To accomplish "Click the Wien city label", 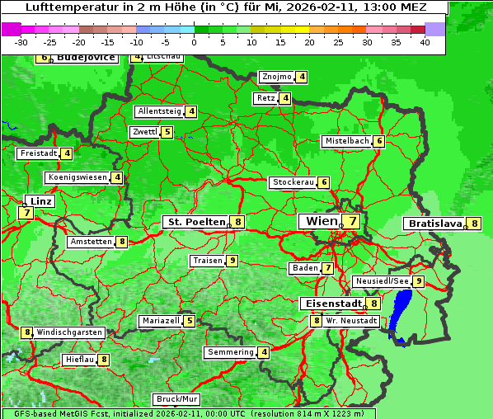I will pyautogui.click(x=322, y=221).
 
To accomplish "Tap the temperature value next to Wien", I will pyautogui.click(x=352, y=221).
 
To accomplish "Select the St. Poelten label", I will pyautogui.click(x=195, y=222).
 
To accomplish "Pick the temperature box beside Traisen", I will pyautogui.click(x=233, y=261).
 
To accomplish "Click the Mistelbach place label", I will pyautogui.click(x=346, y=141).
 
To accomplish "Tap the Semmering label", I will pyautogui.click(x=230, y=352).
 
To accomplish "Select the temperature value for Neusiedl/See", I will pyautogui.click(x=419, y=281).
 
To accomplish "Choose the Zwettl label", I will pyautogui.click(x=144, y=132).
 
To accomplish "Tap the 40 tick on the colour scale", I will pyautogui.click(x=425, y=42).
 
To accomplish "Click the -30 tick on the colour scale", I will pyautogui.click(x=21, y=42).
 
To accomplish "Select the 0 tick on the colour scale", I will pyautogui.click(x=195, y=42).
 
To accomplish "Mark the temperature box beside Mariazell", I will pyautogui.click(x=190, y=321).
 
